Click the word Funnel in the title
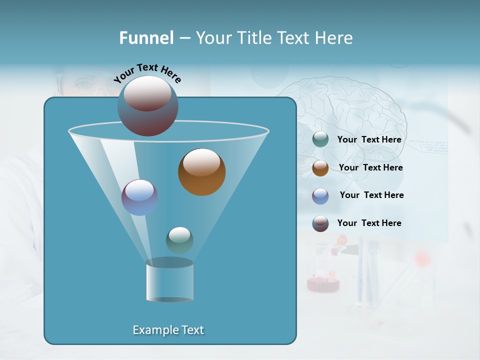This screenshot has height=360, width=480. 146,38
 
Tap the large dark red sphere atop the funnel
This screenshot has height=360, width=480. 147,105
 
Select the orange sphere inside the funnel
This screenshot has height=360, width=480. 201,172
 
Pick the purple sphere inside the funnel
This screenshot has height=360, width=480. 139,197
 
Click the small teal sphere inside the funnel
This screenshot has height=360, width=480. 179,240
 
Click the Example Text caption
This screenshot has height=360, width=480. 168,330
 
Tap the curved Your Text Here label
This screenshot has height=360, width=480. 147,73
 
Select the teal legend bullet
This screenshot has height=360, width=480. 320,139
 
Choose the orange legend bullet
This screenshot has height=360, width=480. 320,168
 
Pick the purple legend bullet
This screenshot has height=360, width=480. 320,195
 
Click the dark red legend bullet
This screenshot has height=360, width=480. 320,223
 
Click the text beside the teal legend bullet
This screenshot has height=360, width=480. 369,139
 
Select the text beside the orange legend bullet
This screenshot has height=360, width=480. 370,167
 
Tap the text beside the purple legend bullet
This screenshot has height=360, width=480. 371,195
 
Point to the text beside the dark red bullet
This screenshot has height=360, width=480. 369,223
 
